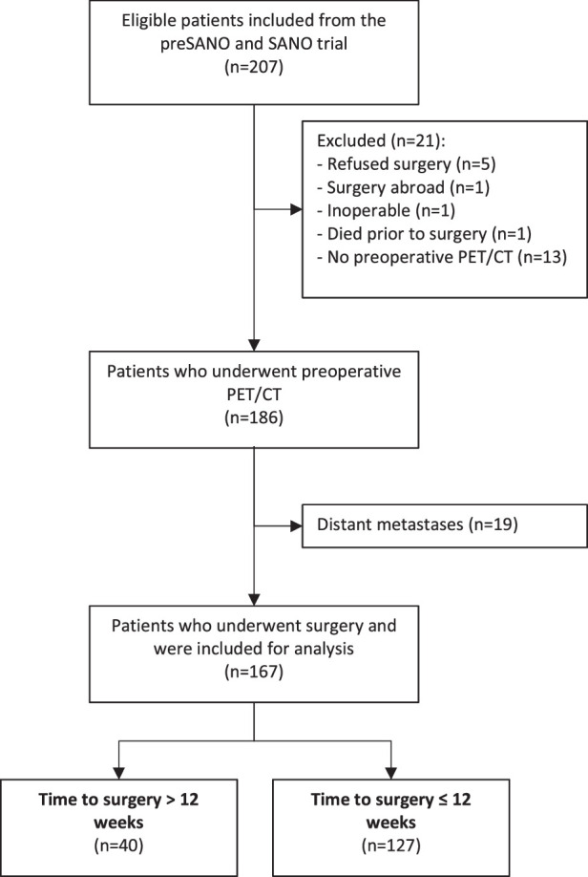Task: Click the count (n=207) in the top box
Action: (254, 67)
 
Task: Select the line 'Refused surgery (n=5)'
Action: (407, 164)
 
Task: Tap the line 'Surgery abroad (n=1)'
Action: (404, 187)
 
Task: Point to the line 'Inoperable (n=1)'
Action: (387, 210)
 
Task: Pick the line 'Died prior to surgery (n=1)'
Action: (424, 234)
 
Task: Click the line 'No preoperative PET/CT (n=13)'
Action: (442, 257)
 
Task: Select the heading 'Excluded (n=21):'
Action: (381, 140)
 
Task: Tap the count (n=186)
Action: (254, 417)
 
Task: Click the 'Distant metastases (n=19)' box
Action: (445, 525)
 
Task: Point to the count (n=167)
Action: (254, 672)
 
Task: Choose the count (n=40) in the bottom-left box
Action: (118, 845)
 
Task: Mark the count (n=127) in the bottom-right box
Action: (390, 845)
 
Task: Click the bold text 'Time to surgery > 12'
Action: (118, 800)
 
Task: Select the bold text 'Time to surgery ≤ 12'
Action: (390, 800)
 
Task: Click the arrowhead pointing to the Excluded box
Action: (296, 210)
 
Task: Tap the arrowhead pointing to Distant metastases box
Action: (296, 525)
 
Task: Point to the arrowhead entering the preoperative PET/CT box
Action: (254, 345)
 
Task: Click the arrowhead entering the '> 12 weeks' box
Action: (118, 773)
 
